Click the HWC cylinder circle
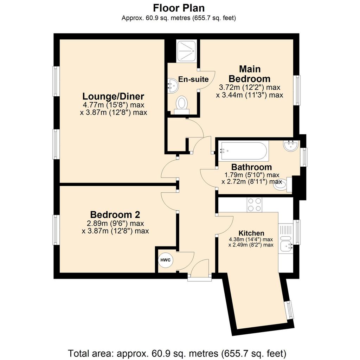[x=166, y=260]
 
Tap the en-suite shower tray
[x=187, y=51]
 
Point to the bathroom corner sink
[x=291, y=146]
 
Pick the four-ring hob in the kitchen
[x=255, y=205]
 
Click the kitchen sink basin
[x=285, y=244]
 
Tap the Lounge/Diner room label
[x=114, y=96]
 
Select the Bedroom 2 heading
[x=115, y=214]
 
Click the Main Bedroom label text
[x=250, y=74]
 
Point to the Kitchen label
[x=251, y=233]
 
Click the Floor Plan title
[x=179, y=8]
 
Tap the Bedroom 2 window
[x=56, y=230]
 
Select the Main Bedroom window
[x=297, y=90]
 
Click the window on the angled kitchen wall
[x=290, y=310]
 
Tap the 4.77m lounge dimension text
[x=114, y=105]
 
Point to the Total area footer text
[x=177, y=353]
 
